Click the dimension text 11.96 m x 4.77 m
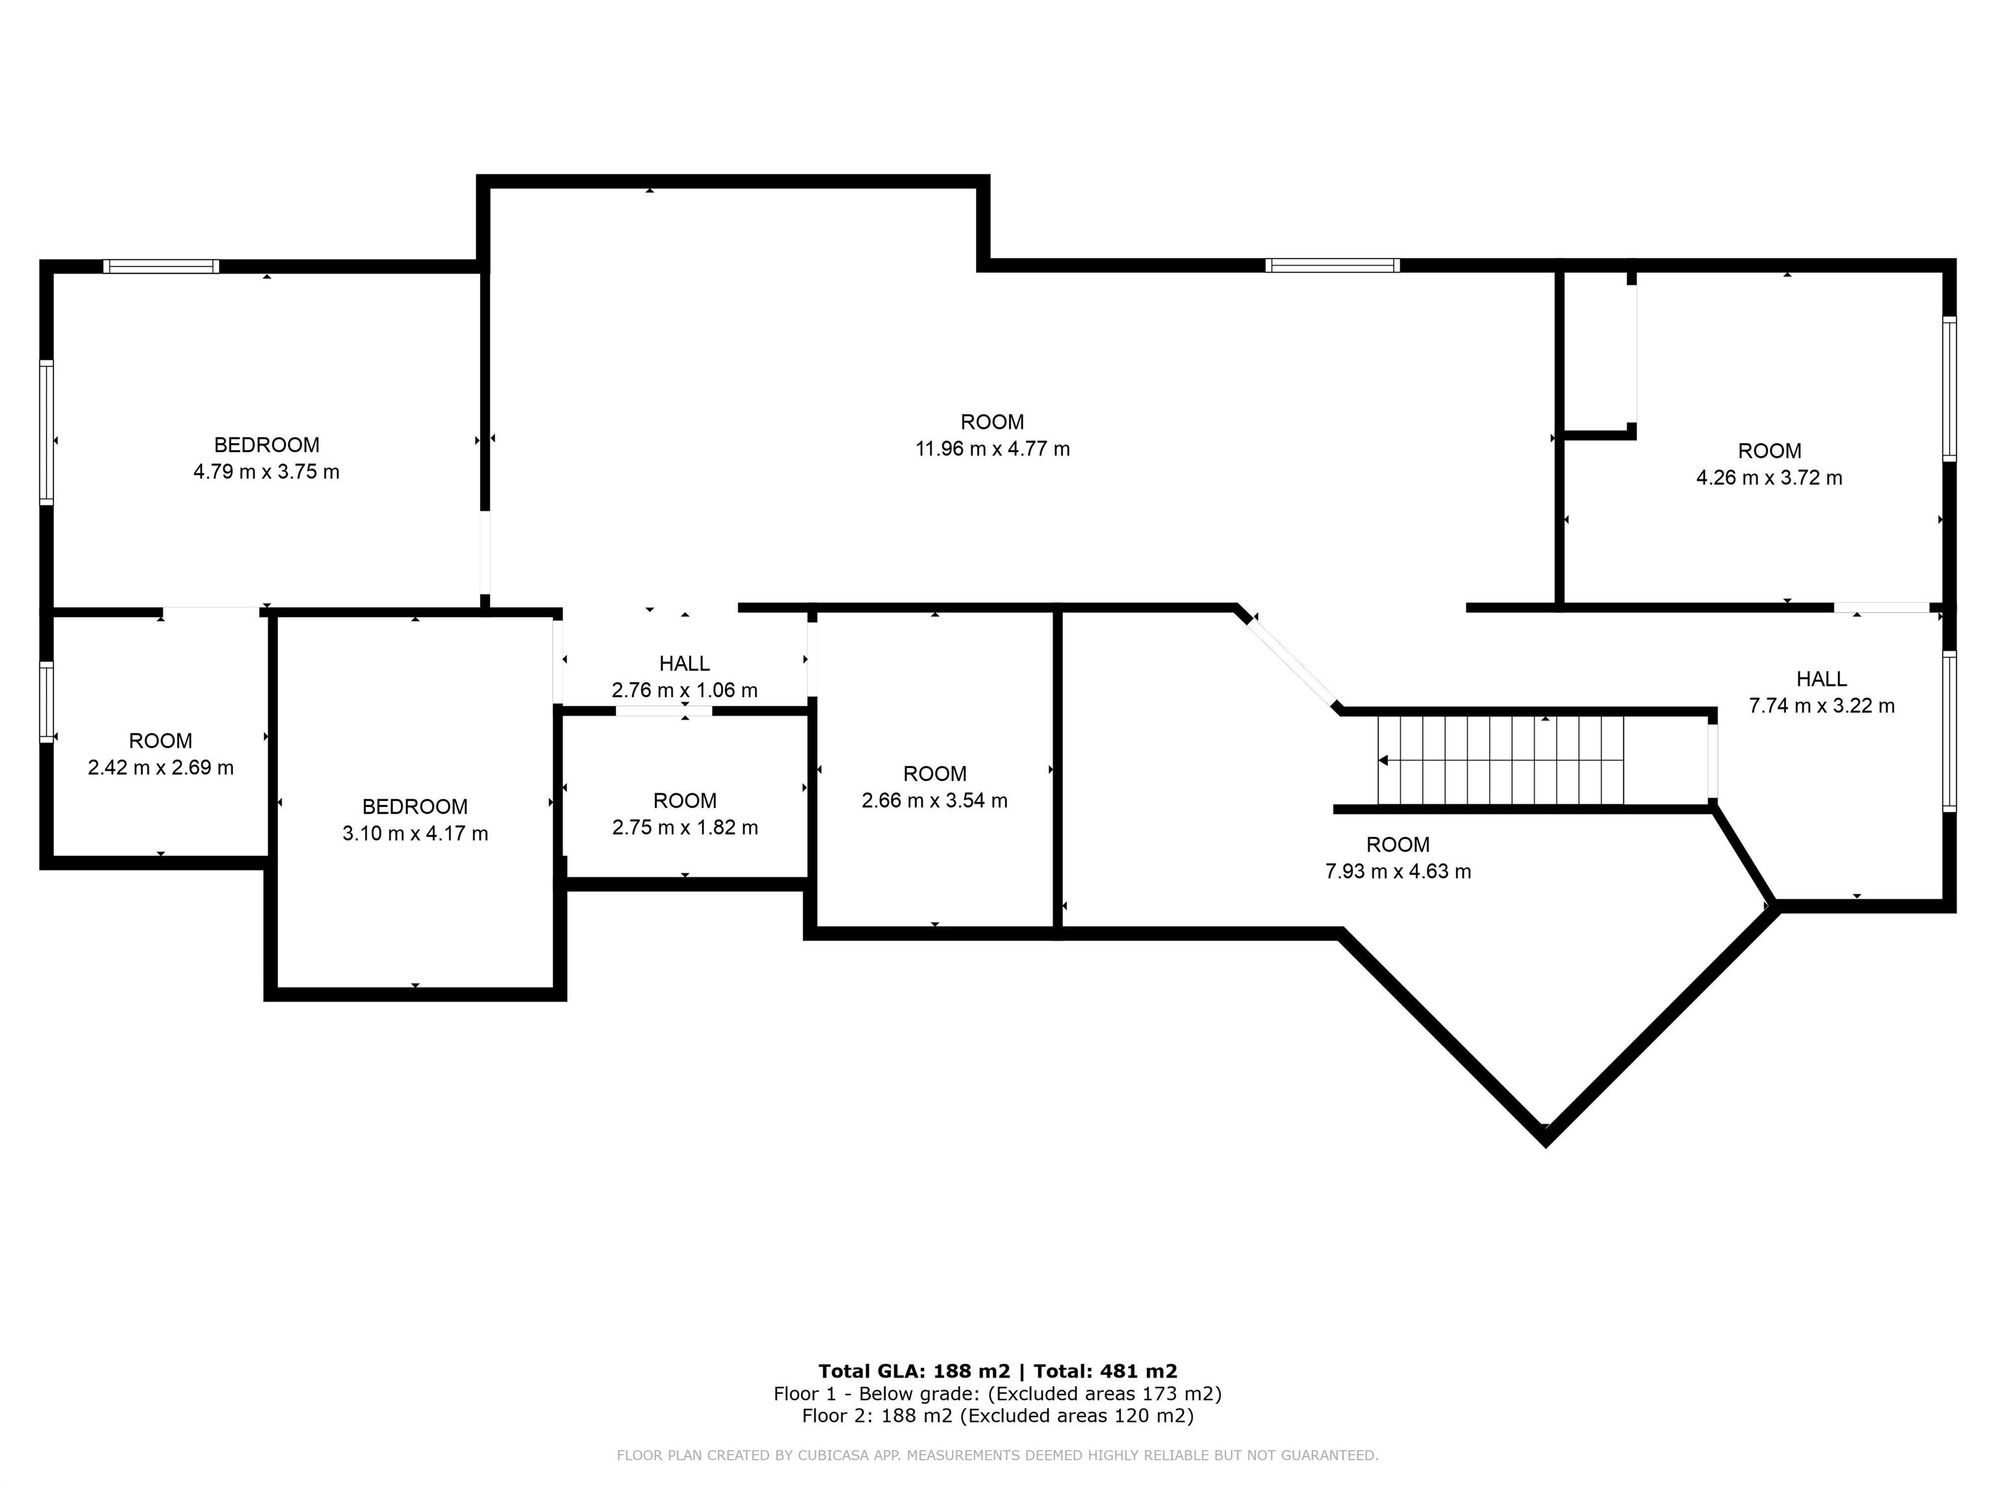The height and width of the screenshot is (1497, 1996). (993, 448)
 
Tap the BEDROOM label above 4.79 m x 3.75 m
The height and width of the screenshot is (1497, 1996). (266, 445)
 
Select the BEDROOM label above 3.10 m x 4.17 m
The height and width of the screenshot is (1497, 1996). (415, 807)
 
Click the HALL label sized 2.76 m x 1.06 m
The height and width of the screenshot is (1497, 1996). (684, 663)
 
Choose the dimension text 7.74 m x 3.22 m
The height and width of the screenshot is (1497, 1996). (1821, 706)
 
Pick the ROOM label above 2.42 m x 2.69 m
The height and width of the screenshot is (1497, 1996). (160, 741)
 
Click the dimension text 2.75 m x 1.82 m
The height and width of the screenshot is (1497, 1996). (685, 828)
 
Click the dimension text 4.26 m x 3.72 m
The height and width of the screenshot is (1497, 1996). (1769, 478)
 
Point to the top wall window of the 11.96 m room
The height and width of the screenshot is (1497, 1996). (1332, 265)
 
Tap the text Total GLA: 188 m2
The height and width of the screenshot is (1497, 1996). (913, 1371)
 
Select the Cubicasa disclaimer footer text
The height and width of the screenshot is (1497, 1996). (997, 1455)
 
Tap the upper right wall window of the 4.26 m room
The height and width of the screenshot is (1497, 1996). (1949, 389)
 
